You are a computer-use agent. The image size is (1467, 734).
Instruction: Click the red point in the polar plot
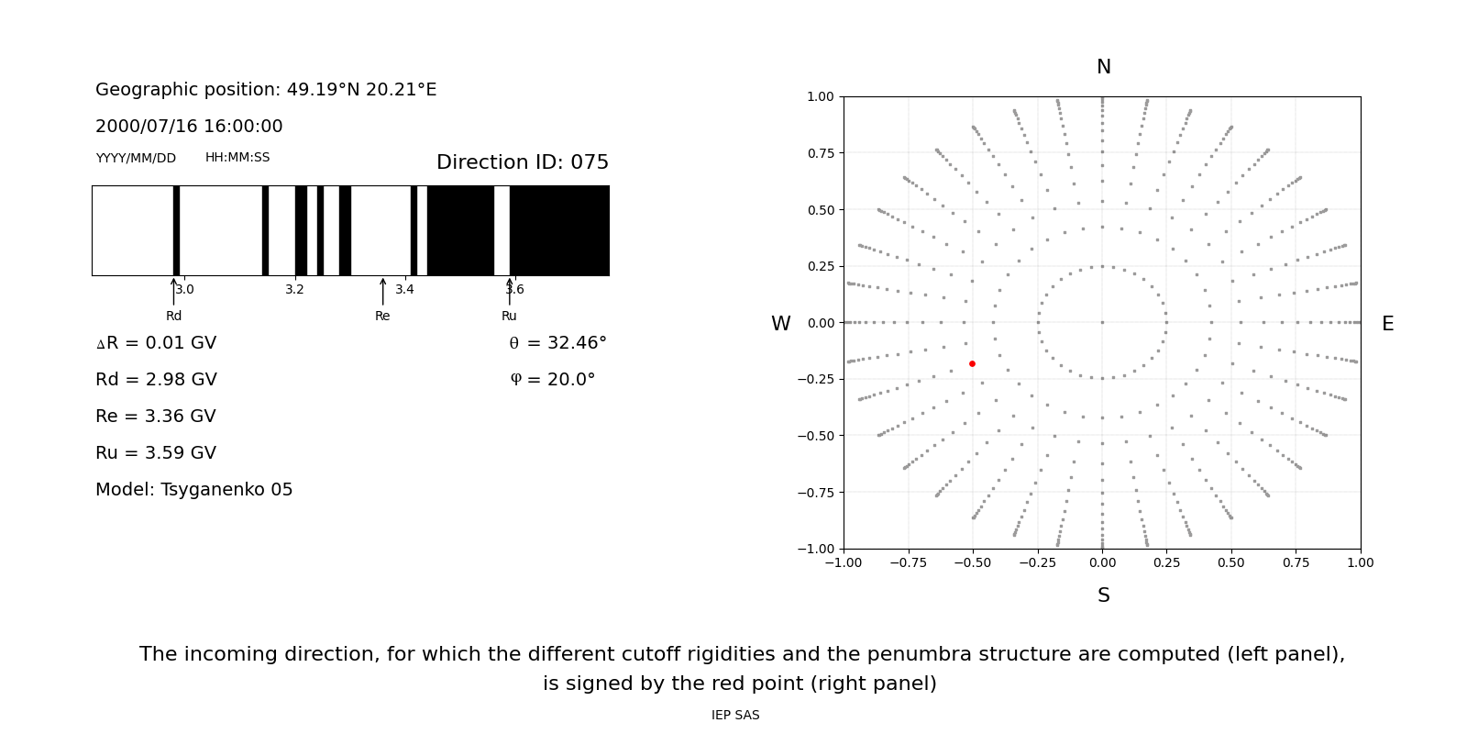(972, 364)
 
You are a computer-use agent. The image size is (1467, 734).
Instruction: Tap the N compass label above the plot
(1103, 67)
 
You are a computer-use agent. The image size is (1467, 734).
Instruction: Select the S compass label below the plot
(1103, 595)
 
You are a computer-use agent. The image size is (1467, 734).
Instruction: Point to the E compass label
(1387, 324)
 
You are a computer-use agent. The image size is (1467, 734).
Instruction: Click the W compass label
(780, 324)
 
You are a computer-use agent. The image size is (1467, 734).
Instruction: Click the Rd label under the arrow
(173, 317)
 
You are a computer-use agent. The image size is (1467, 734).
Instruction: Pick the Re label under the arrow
(382, 317)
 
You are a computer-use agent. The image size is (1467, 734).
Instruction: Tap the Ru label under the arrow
(509, 317)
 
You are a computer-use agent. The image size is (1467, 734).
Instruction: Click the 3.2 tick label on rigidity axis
(294, 290)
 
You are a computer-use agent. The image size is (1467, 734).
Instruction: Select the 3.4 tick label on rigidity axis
(404, 290)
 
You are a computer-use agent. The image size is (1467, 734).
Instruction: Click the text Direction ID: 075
(522, 162)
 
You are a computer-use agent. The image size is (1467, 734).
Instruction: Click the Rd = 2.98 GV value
(156, 380)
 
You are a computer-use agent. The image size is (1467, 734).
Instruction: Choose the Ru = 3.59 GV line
(156, 453)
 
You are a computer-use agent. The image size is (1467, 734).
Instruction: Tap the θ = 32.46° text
(557, 343)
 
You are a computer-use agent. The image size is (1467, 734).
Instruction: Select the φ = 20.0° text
(552, 380)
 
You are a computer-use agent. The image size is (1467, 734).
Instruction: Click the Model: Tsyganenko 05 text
(194, 490)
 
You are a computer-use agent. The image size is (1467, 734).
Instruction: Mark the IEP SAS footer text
(735, 716)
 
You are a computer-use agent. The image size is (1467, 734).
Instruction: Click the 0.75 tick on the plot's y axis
(820, 153)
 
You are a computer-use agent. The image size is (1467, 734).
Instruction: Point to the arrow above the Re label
(382, 291)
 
